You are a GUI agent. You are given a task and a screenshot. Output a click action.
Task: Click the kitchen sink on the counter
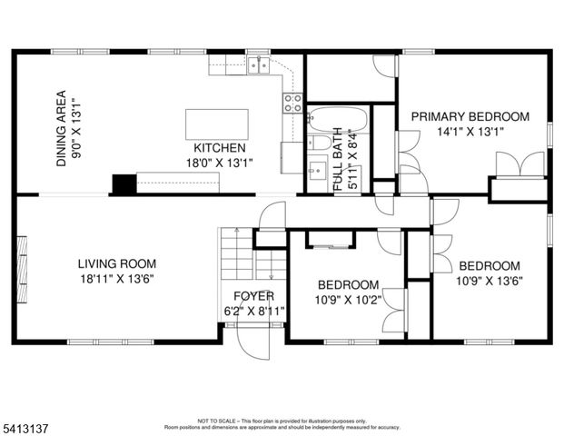pyautogui.click(x=258, y=64)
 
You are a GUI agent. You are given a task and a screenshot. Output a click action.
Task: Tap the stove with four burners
pyautogui.click(x=292, y=103)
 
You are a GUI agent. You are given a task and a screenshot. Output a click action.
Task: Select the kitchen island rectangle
pyautogui.click(x=217, y=123)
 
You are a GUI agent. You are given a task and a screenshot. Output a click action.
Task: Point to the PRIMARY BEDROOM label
pyautogui.click(x=470, y=116)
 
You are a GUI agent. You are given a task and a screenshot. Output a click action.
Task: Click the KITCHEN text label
pyautogui.click(x=219, y=148)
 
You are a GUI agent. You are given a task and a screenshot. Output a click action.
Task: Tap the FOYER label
pyautogui.click(x=253, y=296)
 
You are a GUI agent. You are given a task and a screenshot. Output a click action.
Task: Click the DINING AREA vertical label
pyautogui.click(x=62, y=127)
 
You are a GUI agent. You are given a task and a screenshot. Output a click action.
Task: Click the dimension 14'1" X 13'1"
pyautogui.click(x=470, y=131)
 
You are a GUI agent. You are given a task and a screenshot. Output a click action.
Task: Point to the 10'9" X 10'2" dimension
pyautogui.click(x=347, y=299)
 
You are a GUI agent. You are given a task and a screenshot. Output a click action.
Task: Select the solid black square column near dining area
pyautogui.click(x=123, y=183)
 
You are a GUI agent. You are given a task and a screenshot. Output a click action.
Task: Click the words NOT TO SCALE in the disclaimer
pyautogui.click(x=215, y=421)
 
